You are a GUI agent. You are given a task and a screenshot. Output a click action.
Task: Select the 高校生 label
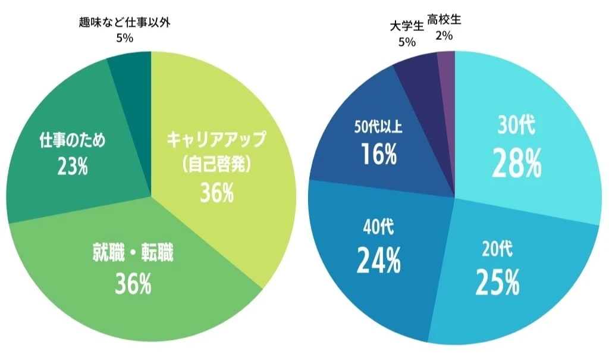tap(444, 20)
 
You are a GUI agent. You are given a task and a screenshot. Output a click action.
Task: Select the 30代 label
tap(516, 127)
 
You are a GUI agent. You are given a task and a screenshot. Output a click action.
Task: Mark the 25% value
tap(497, 281)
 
